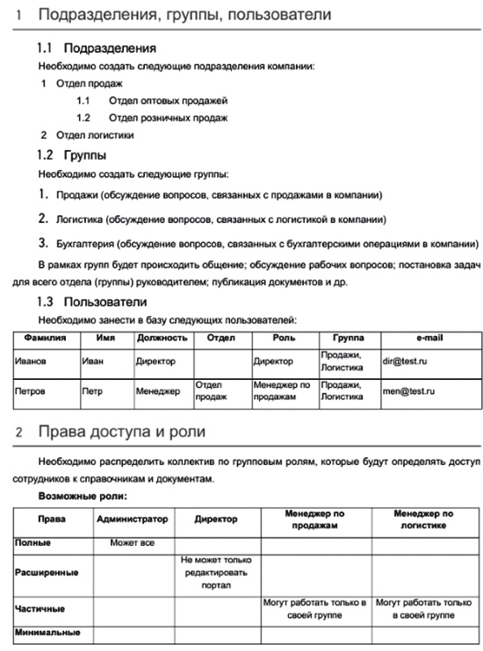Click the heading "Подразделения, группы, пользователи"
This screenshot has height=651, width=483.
[x=185, y=15]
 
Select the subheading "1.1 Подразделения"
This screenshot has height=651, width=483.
[x=97, y=48]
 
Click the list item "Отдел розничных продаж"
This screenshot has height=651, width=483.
[x=168, y=118]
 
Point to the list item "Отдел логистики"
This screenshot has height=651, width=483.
[x=94, y=135]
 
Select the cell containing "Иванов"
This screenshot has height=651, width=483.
[x=31, y=360]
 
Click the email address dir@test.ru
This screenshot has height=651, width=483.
[x=403, y=360]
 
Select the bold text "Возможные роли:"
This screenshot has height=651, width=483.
[x=82, y=496]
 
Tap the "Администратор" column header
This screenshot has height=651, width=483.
[x=132, y=519]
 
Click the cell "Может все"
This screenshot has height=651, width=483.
[x=132, y=543]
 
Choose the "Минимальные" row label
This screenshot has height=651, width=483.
[x=47, y=632]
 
